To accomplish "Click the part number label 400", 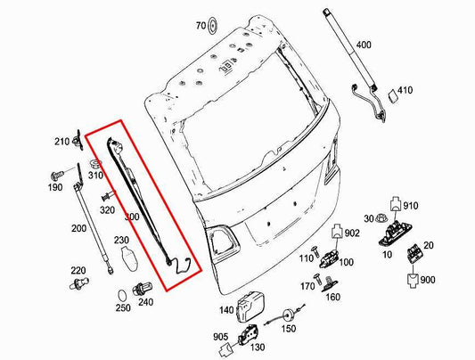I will click(x=364, y=45).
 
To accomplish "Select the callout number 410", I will click(x=405, y=90).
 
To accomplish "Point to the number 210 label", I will click(x=61, y=142).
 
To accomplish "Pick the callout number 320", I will click(x=107, y=211).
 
